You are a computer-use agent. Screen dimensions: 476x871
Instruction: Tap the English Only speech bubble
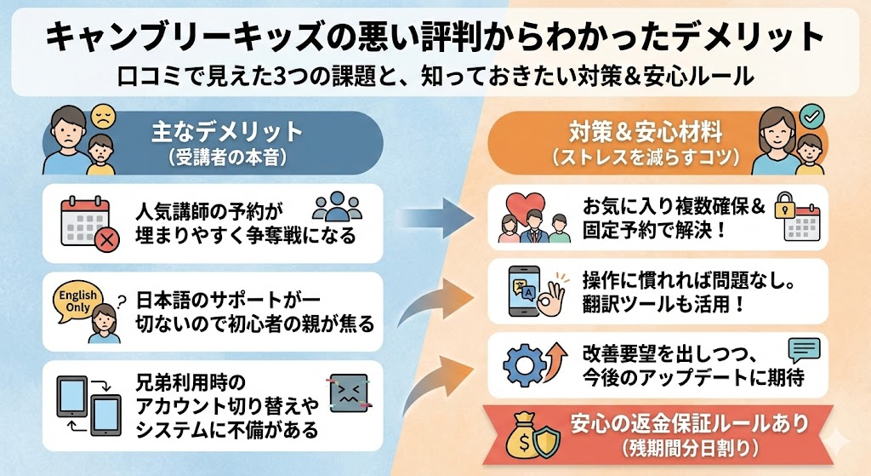coord(76,298)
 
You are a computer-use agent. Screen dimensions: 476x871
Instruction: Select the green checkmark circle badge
coord(811,114)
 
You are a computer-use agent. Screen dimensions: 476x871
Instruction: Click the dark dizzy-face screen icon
coord(347,394)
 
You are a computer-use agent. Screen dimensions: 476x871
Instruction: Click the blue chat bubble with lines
coord(803,350)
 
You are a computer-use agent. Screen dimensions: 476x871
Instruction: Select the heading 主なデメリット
coord(228,132)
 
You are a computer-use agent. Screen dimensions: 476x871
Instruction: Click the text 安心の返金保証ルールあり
coord(688,423)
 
